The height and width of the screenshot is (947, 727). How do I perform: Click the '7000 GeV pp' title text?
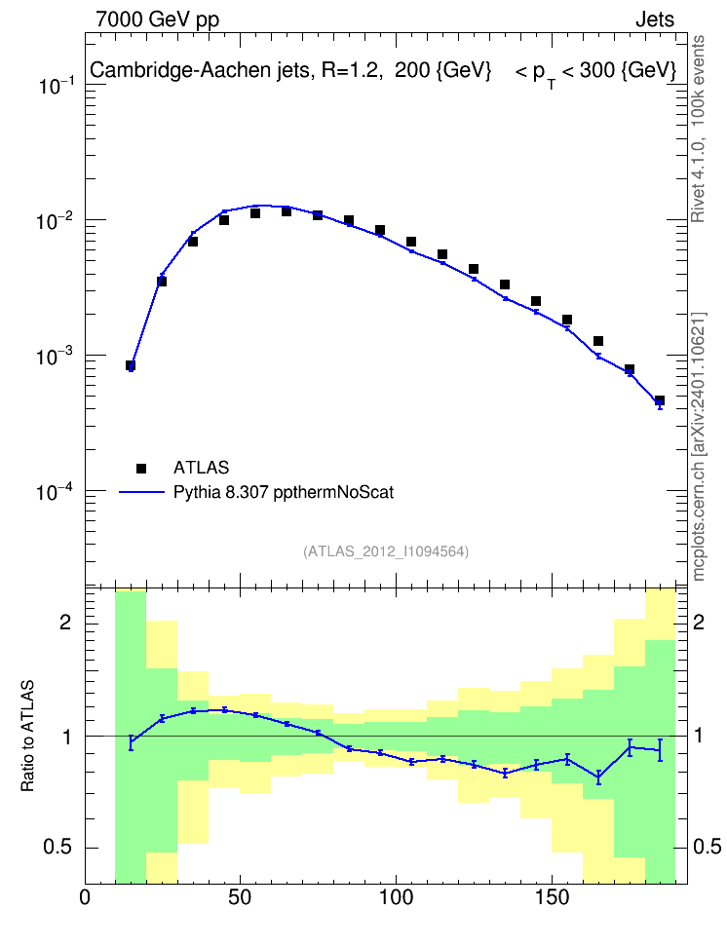click(x=157, y=19)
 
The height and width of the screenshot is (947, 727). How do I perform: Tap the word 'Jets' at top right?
click(x=655, y=19)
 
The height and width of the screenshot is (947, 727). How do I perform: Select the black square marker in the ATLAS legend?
click(x=141, y=468)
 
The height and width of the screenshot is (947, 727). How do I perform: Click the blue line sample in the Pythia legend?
click(x=141, y=492)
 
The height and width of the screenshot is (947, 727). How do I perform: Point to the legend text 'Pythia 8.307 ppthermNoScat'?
click(x=284, y=492)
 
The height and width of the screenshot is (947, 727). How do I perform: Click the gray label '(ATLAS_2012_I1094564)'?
click(x=386, y=550)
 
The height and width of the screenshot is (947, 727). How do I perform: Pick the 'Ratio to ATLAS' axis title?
click(x=27, y=736)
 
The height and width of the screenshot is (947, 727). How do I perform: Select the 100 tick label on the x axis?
click(x=396, y=897)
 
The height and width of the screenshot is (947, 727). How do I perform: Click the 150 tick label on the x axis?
click(x=552, y=897)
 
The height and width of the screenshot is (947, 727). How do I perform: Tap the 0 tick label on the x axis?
click(x=85, y=897)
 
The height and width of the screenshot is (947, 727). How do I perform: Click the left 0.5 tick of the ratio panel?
click(x=57, y=847)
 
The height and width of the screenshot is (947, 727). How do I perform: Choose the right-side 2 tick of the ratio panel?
click(x=699, y=622)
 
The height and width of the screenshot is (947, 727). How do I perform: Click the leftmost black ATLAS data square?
click(x=131, y=365)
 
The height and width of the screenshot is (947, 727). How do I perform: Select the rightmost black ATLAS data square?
click(x=660, y=400)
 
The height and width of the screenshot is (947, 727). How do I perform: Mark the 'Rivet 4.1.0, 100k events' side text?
click(x=698, y=129)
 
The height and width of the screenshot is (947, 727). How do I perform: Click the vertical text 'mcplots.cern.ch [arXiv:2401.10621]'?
click(x=698, y=446)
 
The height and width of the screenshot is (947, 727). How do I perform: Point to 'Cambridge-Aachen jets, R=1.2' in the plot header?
click(x=235, y=70)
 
